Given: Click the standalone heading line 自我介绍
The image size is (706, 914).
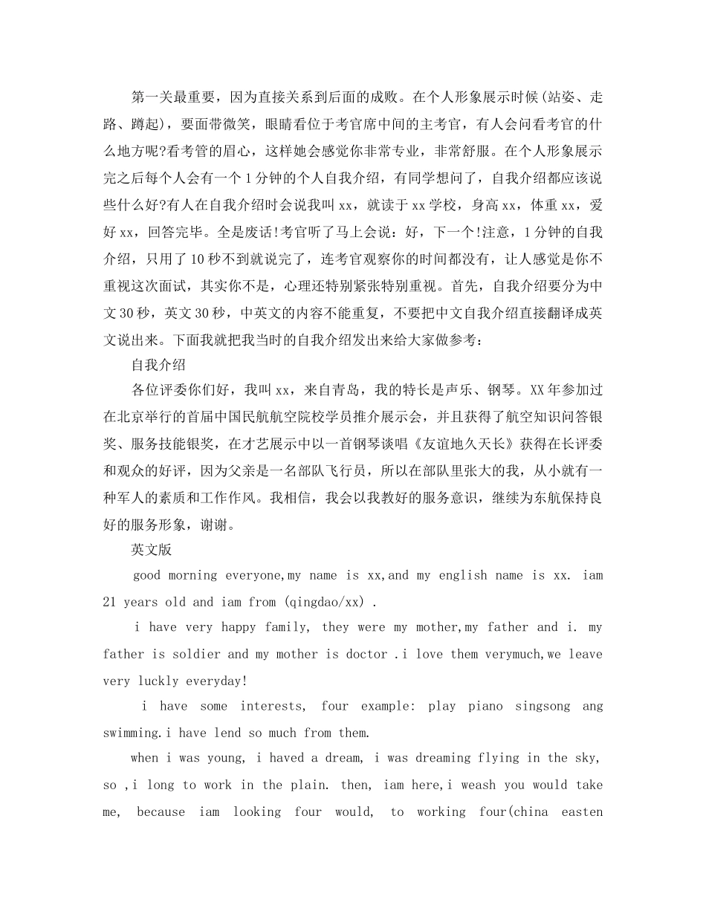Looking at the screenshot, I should pos(158,365).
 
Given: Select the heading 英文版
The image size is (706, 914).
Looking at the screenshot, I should pos(151,550).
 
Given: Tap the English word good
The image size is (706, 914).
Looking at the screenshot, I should pos(147,575).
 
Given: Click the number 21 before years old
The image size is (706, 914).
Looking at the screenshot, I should pos(109,602).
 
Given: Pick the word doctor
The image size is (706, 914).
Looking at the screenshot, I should pos(366,654).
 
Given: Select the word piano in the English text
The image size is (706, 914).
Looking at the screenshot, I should pos(485,706).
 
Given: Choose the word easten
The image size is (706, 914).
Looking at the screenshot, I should pos(583,811).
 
